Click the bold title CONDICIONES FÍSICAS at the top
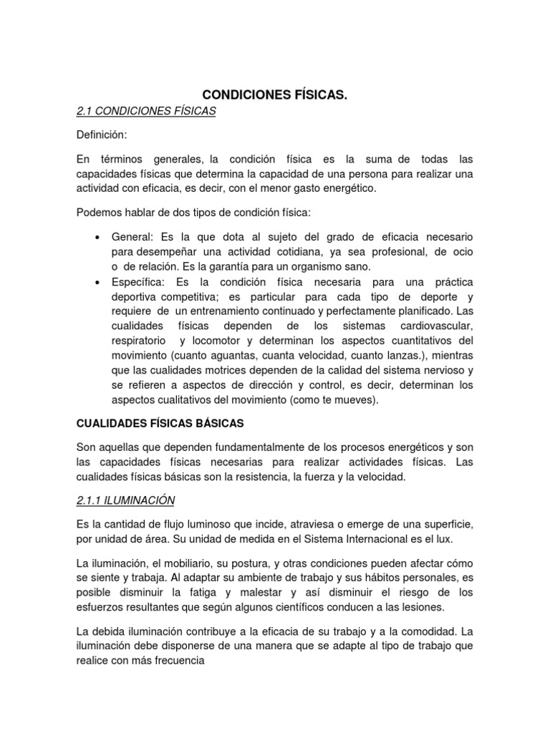pyautogui.click(x=275, y=94)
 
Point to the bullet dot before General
pyautogui.click(x=97, y=237)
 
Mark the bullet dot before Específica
pyautogui.click(x=97, y=283)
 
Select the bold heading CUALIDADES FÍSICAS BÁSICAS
pyautogui.click(x=160, y=424)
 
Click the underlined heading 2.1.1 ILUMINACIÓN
pyautogui.click(x=125, y=499)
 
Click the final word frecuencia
pyautogui.click(x=180, y=662)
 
